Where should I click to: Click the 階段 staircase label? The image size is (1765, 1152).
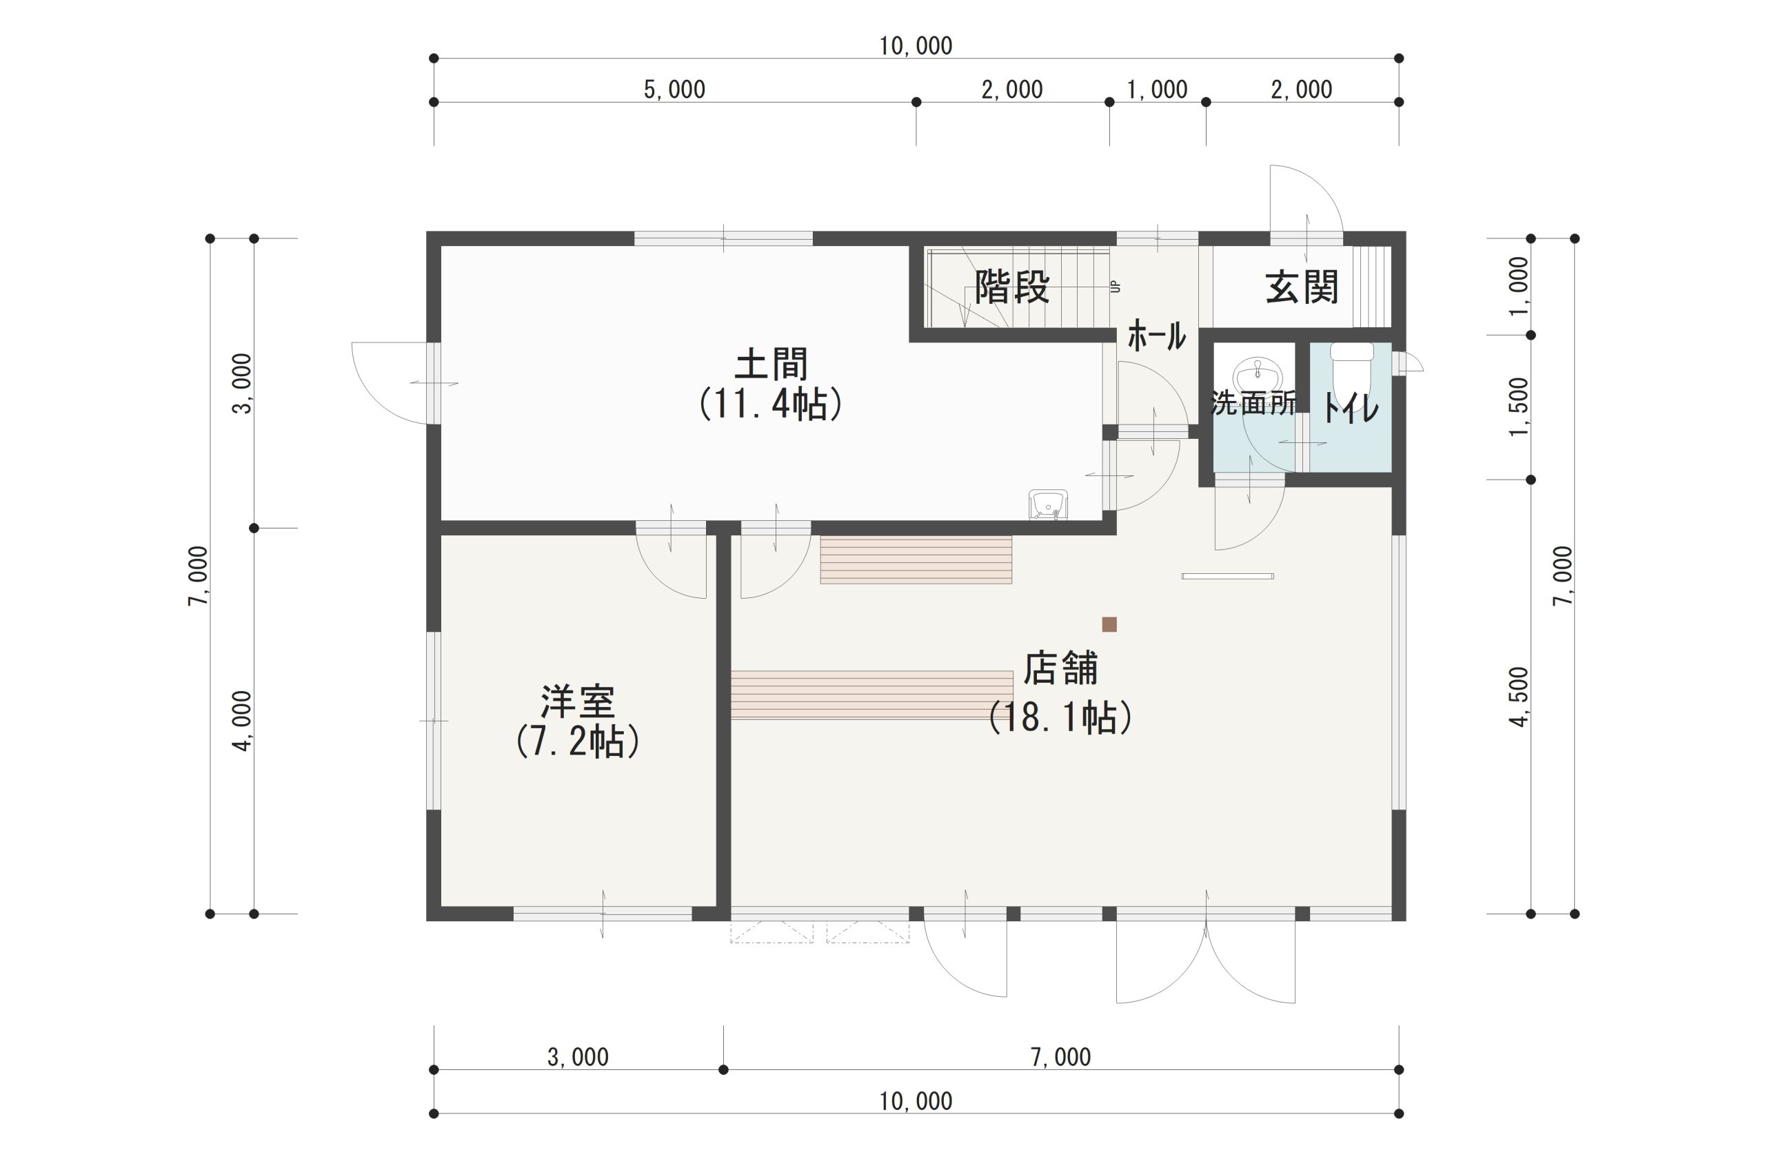pyautogui.click(x=1012, y=287)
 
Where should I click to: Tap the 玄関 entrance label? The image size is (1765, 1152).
pyautogui.click(x=1302, y=287)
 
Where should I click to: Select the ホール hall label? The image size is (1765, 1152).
pyautogui.click(x=1157, y=336)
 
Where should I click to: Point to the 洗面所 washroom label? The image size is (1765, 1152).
pyautogui.click(x=1254, y=402)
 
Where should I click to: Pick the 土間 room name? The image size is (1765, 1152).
pyautogui.click(x=771, y=364)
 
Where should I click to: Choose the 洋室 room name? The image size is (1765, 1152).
pyautogui.click(x=578, y=701)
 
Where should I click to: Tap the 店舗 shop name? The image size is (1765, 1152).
pyautogui.click(x=1060, y=668)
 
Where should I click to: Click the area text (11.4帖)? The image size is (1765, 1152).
pyautogui.click(x=771, y=404)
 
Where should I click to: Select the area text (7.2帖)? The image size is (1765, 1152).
pyautogui.click(x=578, y=741)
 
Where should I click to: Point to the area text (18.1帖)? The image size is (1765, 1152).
pyautogui.click(x=1060, y=717)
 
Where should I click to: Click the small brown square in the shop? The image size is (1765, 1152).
pyautogui.click(x=1109, y=624)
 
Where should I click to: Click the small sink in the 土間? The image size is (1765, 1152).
pyautogui.click(x=1048, y=504)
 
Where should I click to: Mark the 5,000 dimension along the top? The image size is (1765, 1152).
pyautogui.click(x=674, y=90)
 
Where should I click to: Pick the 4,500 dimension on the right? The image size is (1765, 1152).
pyautogui.click(x=1519, y=697)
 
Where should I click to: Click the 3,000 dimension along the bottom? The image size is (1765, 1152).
pyautogui.click(x=578, y=1057)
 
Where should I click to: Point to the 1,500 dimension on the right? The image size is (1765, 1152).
pyautogui.click(x=1519, y=407)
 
